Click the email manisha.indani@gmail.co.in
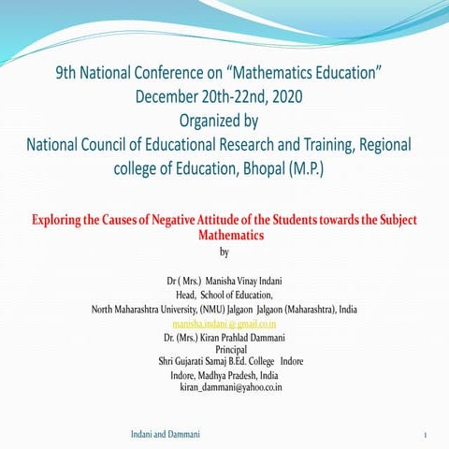(x=224, y=322)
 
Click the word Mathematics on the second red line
(x=224, y=236)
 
